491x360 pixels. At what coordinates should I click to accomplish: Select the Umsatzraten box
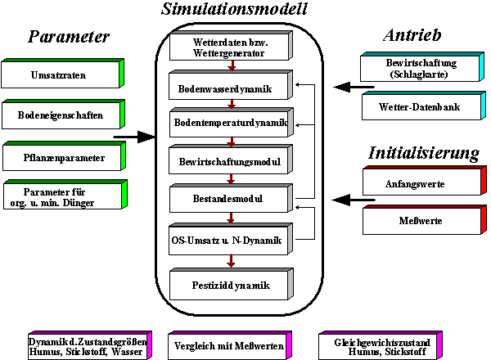pos(61,76)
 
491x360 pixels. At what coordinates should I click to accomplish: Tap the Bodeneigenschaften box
pos(61,115)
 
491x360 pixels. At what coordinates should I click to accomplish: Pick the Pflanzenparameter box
pos(61,155)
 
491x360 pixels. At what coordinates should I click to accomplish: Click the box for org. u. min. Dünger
pos(61,195)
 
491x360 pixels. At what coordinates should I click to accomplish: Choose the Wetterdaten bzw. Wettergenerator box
pos(229,47)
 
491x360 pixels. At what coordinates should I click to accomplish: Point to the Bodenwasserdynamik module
pos(230,86)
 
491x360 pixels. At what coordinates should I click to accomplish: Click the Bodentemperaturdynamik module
pos(230,123)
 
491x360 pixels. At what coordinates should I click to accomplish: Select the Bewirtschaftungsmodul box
pos(230,160)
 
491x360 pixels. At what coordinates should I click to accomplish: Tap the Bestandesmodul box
pos(230,198)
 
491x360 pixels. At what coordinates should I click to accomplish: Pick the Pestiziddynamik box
pos(230,286)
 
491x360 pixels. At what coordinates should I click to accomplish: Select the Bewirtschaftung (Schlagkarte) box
pos(421,68)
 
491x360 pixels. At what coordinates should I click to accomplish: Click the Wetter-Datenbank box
pos(421,107)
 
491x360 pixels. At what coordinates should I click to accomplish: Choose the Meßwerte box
pos(421,220)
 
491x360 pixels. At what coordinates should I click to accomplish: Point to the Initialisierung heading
pos(423,153)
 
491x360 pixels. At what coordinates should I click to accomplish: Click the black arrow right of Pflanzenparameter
pos(134,137)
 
